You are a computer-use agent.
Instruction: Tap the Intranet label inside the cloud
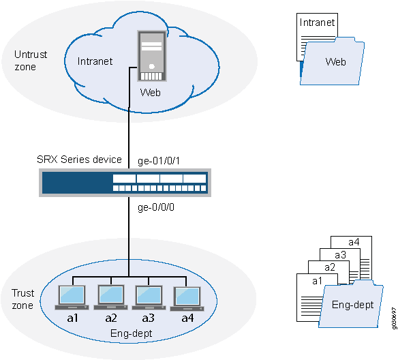[x=96, y=61]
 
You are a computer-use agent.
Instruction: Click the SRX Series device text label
[x=79, y=160]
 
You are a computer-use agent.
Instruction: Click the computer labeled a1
[x=72, y=297]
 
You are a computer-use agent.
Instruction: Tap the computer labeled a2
[x=110, y=297]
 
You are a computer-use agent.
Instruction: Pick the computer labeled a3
[x=149, y=297]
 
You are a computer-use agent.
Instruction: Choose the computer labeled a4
[x=187, y=297]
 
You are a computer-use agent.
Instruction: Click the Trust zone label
[x=22, y=299]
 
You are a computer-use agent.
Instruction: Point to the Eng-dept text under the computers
[x=129, y=334]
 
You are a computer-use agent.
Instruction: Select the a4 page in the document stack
[x=354, y=242]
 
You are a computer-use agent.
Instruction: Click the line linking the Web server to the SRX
[x=129, y=133]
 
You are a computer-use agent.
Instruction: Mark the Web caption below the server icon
[x=150, y=92]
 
